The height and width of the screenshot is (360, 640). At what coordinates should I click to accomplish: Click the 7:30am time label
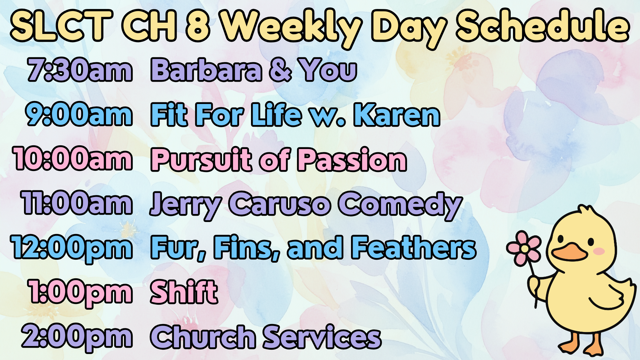pos(80,70)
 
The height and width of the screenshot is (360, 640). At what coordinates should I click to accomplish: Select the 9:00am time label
pos(79,115)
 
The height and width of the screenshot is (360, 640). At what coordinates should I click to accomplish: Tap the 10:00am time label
pos(73,159)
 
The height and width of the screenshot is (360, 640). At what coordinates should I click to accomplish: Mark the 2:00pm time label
pos(77,337)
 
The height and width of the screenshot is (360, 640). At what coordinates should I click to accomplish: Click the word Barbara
pos(206,70)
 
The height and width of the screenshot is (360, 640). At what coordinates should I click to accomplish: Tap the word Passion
pos(352,159)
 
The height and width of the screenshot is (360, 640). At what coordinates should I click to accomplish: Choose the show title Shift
pos(184,292)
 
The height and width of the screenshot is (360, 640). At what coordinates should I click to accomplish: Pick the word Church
pos(203,337)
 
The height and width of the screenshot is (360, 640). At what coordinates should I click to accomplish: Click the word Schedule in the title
pos(543,26)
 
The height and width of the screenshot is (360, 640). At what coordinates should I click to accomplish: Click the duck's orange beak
pos(569,253)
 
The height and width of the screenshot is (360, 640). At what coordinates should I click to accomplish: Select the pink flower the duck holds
pos(524,248)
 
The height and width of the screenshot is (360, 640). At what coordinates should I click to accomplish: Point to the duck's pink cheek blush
pos(599,251)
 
